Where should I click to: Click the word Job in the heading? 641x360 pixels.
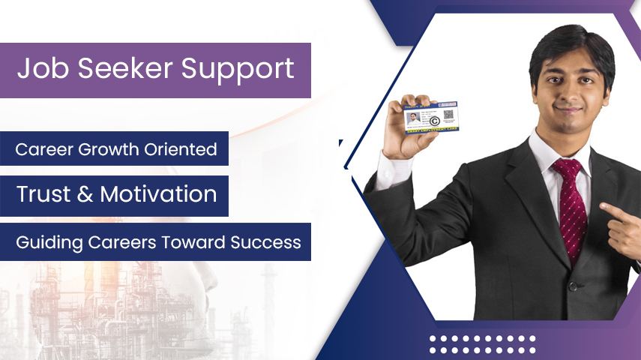(40, 69)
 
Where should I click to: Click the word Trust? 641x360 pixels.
(44, 194)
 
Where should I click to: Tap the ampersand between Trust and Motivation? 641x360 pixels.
(85, 194)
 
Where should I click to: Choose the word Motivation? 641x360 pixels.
(158, 194)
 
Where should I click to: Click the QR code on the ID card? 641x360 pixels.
(448, 115)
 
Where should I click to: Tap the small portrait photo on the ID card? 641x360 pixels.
(411, 117)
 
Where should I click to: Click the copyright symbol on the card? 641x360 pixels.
(434, 121)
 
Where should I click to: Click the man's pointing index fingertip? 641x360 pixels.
(603, 211)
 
